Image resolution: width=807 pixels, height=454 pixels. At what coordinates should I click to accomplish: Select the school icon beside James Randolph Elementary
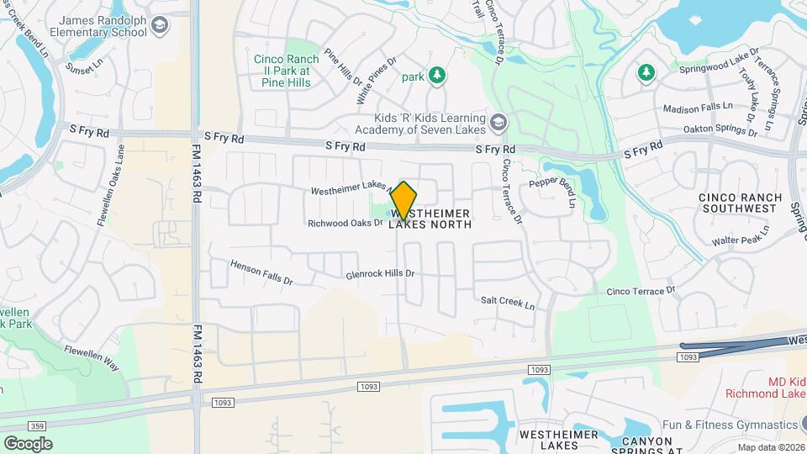[160, 26]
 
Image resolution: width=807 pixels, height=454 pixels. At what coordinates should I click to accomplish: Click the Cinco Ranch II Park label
[286, 71]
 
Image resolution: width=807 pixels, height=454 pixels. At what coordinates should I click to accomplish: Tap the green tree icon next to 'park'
[436, 77]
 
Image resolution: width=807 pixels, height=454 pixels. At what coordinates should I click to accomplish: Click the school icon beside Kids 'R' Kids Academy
[498, 123]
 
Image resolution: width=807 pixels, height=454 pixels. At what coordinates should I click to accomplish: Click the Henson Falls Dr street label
[261, 271]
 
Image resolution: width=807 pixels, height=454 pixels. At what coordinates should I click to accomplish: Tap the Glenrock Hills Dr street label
[381, 274]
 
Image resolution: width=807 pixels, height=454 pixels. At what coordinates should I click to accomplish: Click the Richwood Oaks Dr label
[345, 223]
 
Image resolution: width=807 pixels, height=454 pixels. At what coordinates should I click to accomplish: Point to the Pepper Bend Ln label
[551, 193]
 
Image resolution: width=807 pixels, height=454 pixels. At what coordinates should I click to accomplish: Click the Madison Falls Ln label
[698, 108]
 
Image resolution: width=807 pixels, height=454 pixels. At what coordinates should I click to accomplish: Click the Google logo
[28, 443]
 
